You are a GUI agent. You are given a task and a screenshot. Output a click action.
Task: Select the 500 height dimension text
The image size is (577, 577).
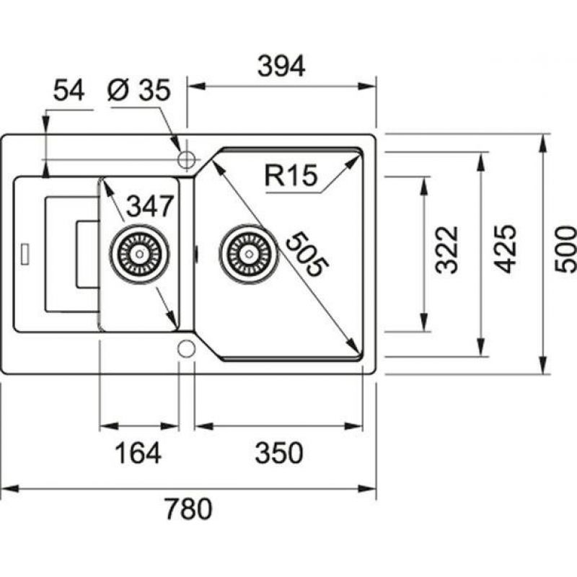[x=566, y=249]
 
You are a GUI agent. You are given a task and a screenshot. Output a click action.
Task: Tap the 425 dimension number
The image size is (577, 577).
[x=506, y=249]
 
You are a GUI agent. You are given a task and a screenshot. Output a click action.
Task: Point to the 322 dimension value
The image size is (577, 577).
[x=447, y=250]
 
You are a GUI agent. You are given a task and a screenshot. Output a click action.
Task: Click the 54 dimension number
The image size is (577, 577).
[x=69, y=91]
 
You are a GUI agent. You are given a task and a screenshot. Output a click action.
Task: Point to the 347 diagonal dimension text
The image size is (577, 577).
[x=150, y=207]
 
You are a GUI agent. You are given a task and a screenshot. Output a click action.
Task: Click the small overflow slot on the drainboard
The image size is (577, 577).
[x=27, y=254]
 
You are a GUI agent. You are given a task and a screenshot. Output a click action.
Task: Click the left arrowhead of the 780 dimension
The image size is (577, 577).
[x=6, y=488]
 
